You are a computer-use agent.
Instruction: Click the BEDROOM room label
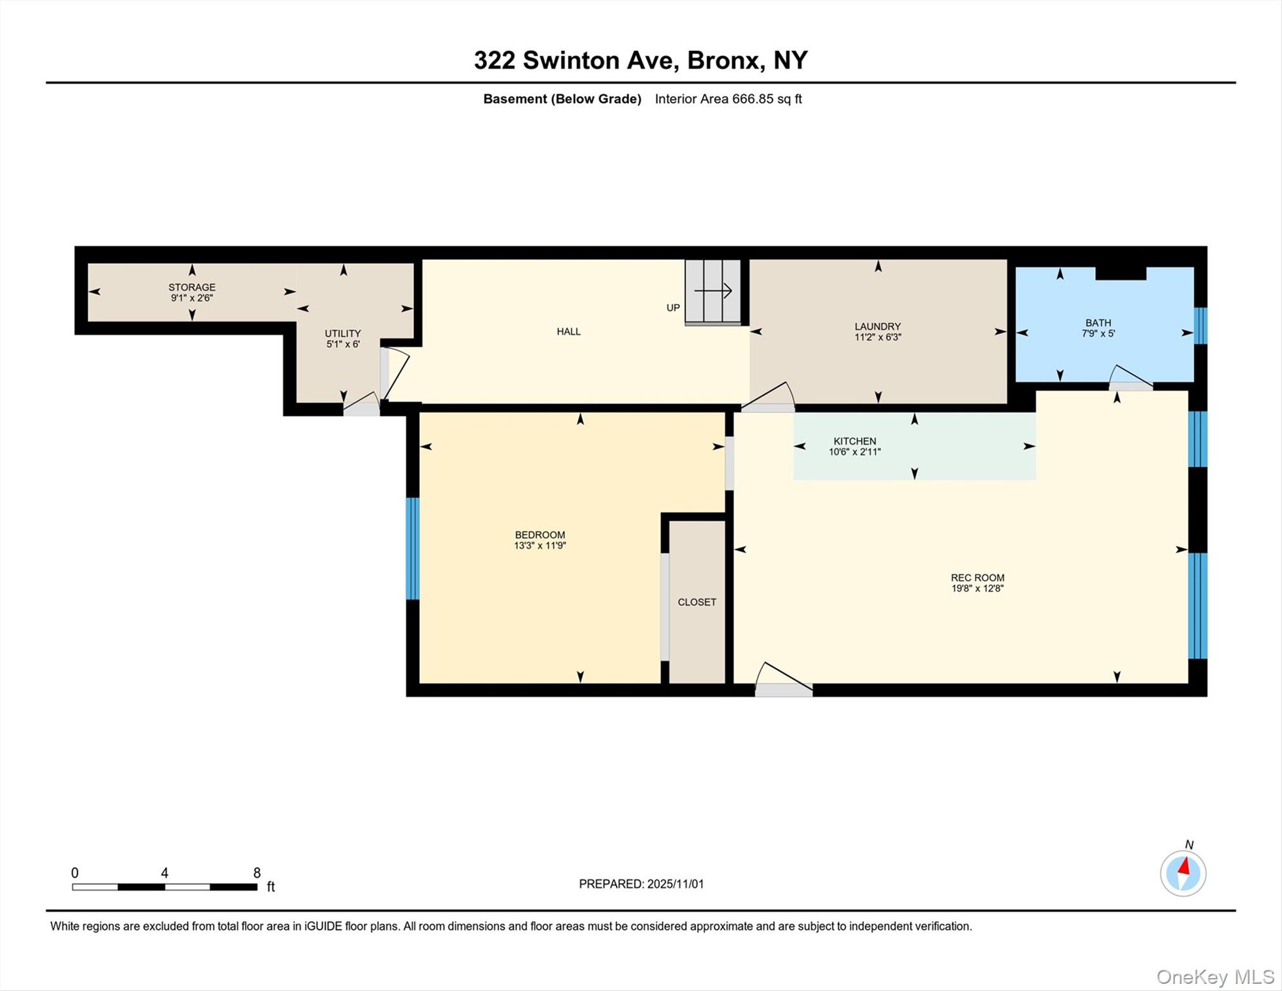click(540, 536)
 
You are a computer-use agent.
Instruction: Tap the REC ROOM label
click(977, 579)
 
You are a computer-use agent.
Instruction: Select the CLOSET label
click(696, 602)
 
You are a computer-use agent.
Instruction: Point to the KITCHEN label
click(854, 442)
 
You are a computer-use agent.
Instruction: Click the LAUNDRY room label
click(877, 327)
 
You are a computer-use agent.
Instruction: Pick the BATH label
click(1098, 323)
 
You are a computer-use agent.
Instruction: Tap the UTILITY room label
click(342, 334)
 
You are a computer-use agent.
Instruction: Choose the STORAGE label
click(192, 288)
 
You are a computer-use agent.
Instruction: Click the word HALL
click(568, 332)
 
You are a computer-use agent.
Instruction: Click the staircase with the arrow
click(712, 291)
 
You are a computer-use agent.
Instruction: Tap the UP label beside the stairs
click(673, 308)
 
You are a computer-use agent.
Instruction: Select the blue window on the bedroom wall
click(412, 548)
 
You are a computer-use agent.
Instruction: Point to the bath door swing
click(1130, 377)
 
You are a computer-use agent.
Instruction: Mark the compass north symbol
click(1183, 873)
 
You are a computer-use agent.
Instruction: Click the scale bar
click(164, 887)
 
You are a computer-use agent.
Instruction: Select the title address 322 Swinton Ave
click(640, 60)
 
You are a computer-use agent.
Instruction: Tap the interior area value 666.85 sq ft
click(728, 99)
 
